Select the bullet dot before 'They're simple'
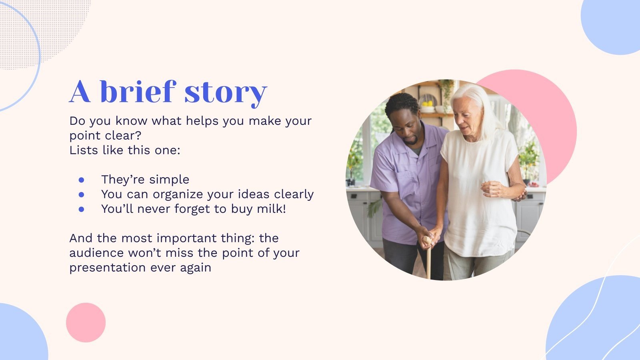[82, 180]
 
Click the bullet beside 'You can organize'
[82, 194]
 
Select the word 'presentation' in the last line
[108, 268]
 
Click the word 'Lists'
[84, 150]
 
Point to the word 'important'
[186, 238]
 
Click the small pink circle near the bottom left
[86, 322]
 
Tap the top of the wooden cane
[427, 240]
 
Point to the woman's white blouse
[480, 192]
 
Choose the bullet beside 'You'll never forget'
[82, 210]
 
